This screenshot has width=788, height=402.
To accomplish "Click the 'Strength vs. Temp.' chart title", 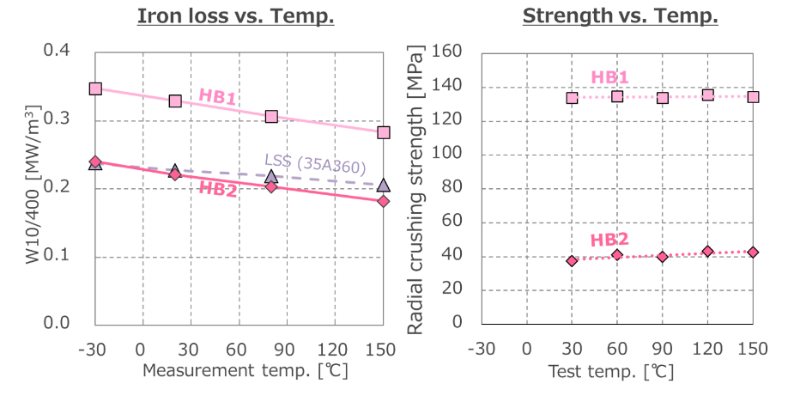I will click(x=620, y=15).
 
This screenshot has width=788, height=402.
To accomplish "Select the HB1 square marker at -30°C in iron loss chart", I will click(x=95, y=88).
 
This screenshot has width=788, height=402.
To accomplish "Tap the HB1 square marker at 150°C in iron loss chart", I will click(x=384, y=132).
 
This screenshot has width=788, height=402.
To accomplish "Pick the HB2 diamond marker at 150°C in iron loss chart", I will click(x=384, y=201).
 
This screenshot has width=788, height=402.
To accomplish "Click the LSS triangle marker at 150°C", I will click(x=384, y=185).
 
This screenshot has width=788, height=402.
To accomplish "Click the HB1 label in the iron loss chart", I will click(x=217, y=96).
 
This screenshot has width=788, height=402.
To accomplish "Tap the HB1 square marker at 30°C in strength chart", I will click(x=572, y=98).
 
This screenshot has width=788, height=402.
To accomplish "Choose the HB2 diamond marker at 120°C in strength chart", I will click(x=707, y=252).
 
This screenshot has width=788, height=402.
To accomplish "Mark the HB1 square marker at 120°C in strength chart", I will click(x=707, y=94).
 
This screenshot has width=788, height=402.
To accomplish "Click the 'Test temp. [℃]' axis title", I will click(x=612, y=372).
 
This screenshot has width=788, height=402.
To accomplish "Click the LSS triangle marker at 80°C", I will click(x=271, y=177).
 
